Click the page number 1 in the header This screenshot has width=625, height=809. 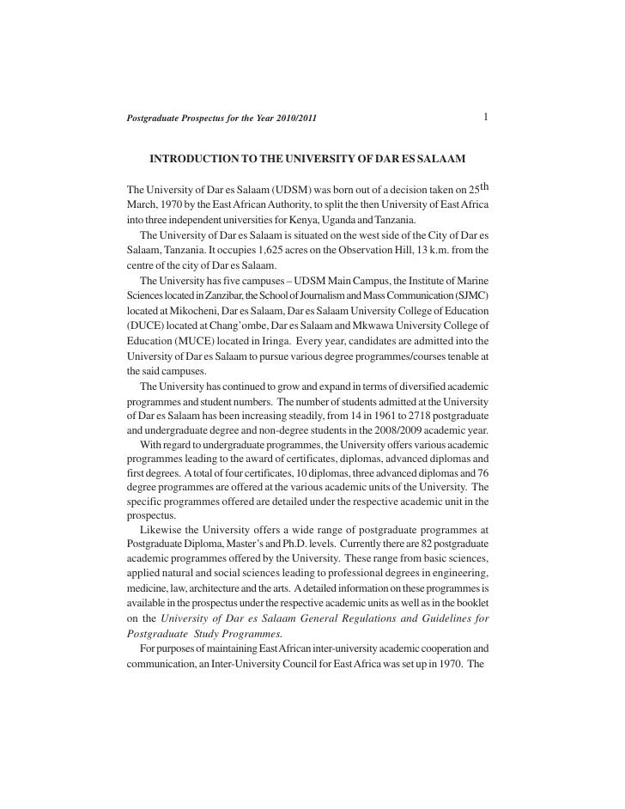pos(486,116)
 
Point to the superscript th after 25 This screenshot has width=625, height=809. pos(483,185)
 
